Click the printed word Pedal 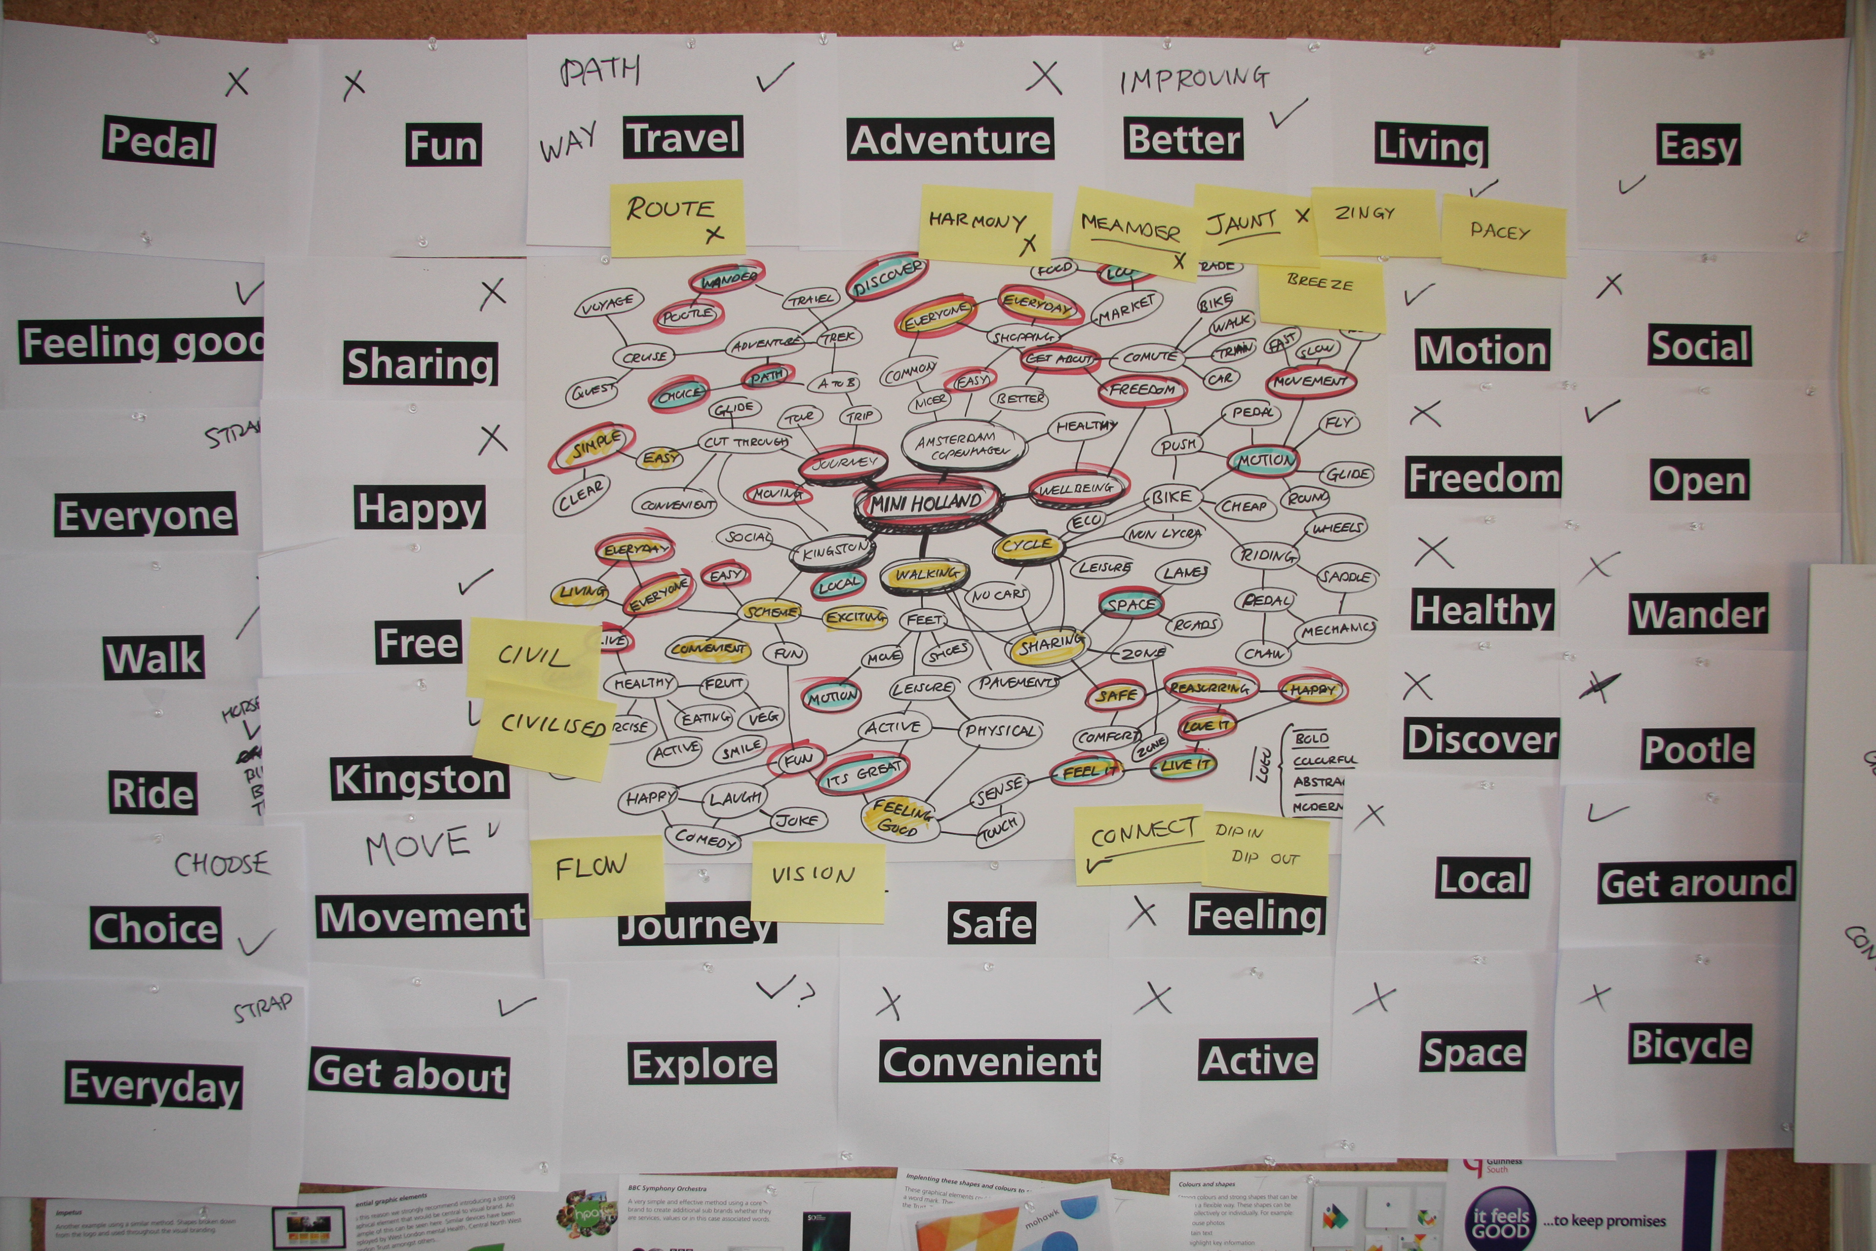pos(159,142)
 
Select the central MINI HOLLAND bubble pos(925,503)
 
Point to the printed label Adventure pos(950,140)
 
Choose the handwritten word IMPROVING pos(1193,78)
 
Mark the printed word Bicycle pos(1689,1044)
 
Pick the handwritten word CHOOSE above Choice pos(222,863)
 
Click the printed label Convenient pos(989,1061)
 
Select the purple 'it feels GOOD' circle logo pos(1500,1221)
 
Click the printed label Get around pos(1697,883)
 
